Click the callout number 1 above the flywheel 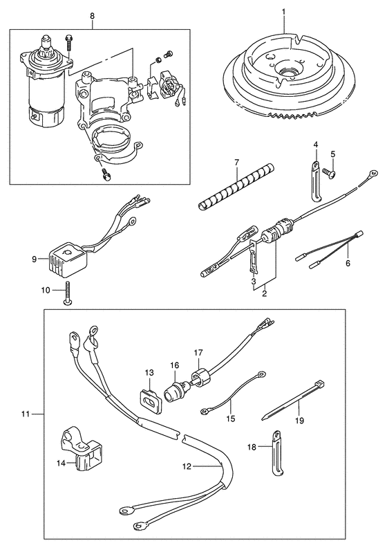point(283,12)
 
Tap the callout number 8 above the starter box point(92,16)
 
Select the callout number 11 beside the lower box point(25,414)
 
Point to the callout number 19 point(300,420)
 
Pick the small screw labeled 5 point(330,172)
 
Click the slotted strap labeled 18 point(276,452)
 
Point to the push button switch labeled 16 point(174,392)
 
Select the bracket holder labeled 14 point(80,450)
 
